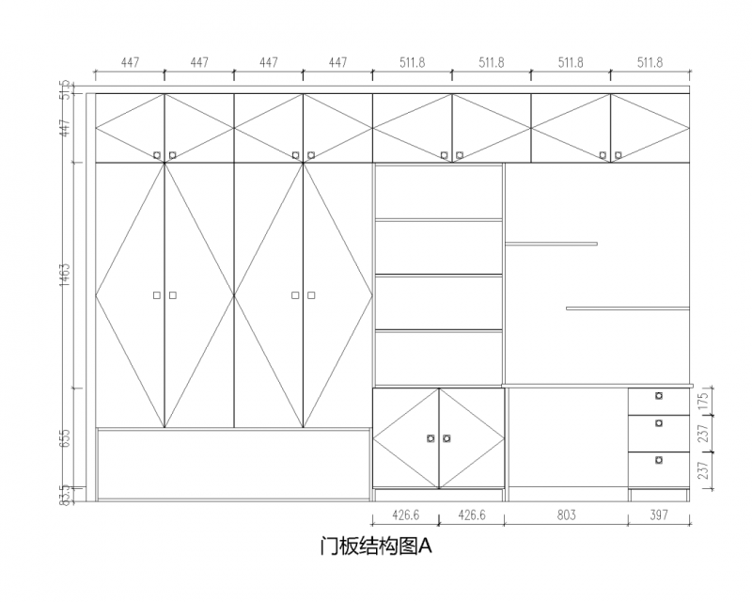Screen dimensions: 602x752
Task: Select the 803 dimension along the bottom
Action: pyautogui.click(x=566, y=515)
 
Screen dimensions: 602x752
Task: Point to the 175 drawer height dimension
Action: pyautogui.click(x=702, y=401)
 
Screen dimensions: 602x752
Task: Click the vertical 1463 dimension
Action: pyautogui.click(x=65, y=275)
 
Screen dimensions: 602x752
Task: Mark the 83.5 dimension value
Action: pyautogui.click(x=65, y=493)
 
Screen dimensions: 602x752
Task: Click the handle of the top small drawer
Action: pyautogui.click(x=659, y=395)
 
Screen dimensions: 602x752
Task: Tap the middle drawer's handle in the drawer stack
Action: pyautogui.click(x=659, y=424)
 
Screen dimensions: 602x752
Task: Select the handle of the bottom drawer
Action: pyautogui.click(x=659, y=460)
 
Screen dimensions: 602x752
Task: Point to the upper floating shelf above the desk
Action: pyautogui.click(x=551, y=244)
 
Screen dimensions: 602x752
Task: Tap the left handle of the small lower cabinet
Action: pyautogui.click(x=431, y=437)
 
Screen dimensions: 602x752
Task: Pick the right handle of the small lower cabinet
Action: pyautogui.click(x=446, y=437)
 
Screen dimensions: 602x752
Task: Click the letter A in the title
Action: pyautogui.click(x=424, y=546)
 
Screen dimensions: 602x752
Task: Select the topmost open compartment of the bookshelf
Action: pyautogui.click(x=439, y=192)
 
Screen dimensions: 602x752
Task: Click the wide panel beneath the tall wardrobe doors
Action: pyautogui.click(x=233, y=464)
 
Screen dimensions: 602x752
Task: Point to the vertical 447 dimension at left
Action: pyautogui.click(x=65, y=128)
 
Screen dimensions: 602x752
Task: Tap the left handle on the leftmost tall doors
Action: pyautogui.click(x=157, y=295)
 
